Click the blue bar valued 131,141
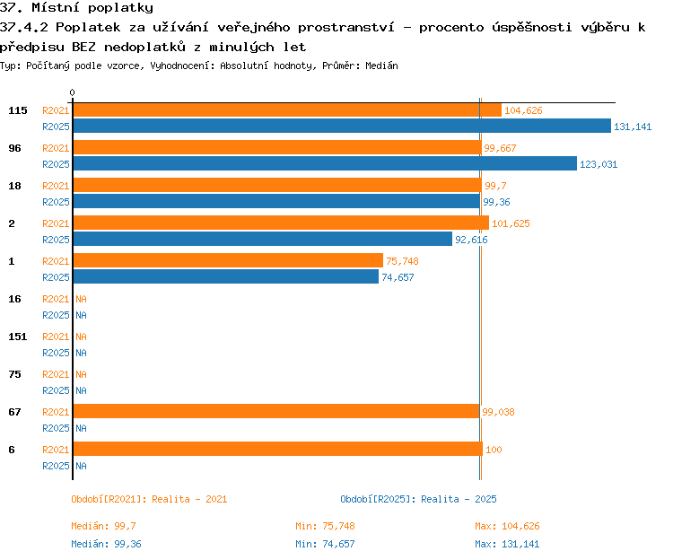pyautogui.click(x=342, y=126)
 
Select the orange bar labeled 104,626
pyautogui.click(x=287, y=109)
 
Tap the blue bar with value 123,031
pyautogui.click(x=325, y=163)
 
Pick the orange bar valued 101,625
pyautogui.click(x=281, y=223)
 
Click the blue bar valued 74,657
pyautogui.click(x=226, y=276)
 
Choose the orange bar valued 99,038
pyautogui.click(x=276, y=411)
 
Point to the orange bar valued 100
pyautogui.click(x=278, y=449)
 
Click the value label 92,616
pyautogui.click(x=471, y=240)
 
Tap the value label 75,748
pyautogui.click(x=402, y=261)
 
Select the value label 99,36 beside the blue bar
pyautogui.click(x=496, y=202)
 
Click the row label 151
pyautogui.click(x=18, y=337)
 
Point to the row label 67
pyautogui.click(x=14, y=412)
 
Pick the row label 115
pyautogui.click(x=18, y=110)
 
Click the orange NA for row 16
pyautogui.click(x=81, y=299)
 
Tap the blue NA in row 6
pyautogui.click(x=81, y=466)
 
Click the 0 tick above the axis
pyautogui.click(x=72, y=92)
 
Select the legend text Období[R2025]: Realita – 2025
pyautogui.click(x=418, y=499)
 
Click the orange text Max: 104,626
pyautogui.click(x=507, y=526)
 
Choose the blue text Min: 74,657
pyautogui.click(x=325, y=544)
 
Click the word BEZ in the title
pyautogui.click(x=83, y=47)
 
